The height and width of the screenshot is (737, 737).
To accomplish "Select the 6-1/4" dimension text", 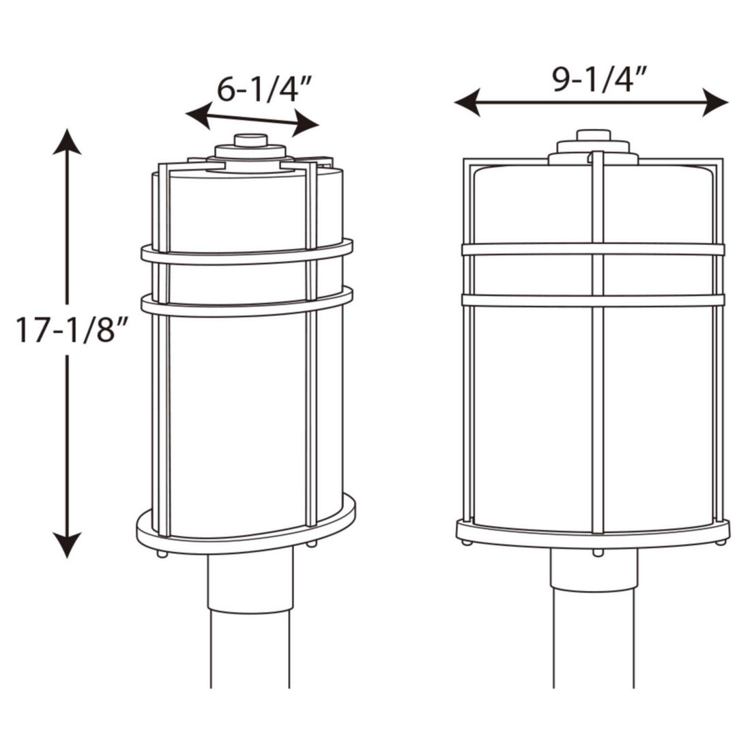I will [x=264, y=89].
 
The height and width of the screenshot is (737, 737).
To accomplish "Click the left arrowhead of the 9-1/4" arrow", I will [x=467, y=103].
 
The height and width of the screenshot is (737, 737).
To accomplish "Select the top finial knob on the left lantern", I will [x=250, y=140].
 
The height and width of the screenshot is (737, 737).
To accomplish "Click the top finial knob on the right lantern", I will [x=592, y=135].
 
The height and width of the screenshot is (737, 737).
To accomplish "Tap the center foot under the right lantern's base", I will [x=598, y=551].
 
